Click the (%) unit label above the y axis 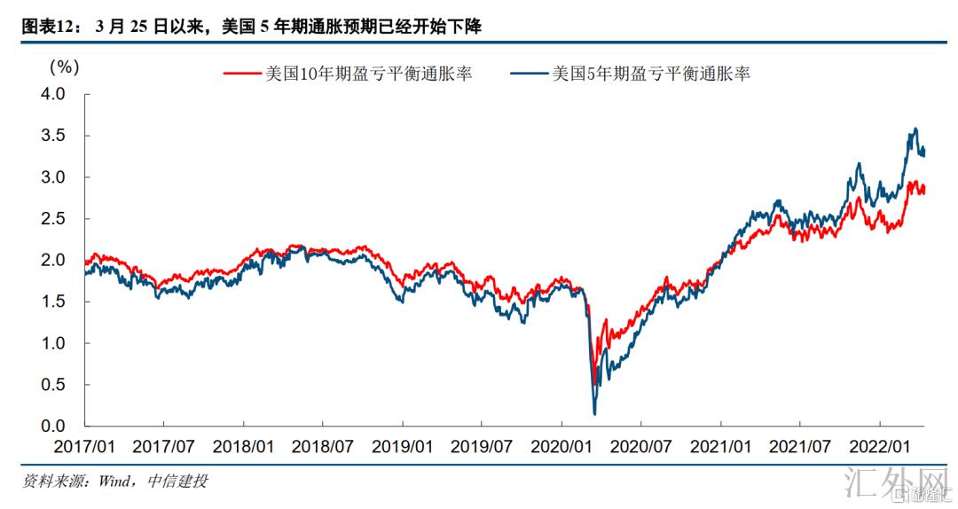point(64,66)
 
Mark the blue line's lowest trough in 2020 point(594,413)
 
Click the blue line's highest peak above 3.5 point(915,129)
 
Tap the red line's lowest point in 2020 point(594,383)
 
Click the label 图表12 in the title point(46,27)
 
